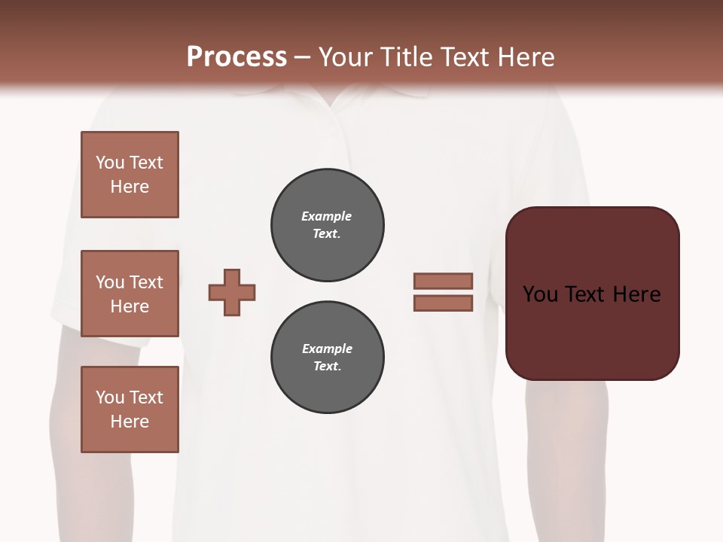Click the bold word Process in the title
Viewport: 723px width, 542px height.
click(x=236, y=57)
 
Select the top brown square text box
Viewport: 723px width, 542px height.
click(x=130, y=175)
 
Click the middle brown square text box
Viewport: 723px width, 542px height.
click(x=130, y=294)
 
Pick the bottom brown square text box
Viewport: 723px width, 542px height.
click(x=130, y=410)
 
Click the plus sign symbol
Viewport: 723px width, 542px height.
click(x=232, y=292)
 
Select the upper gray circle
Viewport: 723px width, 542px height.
click(x=327, y=224)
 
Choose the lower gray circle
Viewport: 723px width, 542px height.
click(x=327, y=357)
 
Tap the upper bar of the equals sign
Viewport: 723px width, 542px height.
click(x=443, y=281)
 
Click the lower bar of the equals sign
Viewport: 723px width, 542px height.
click(x=443, y=303)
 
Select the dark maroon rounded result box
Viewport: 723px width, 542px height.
click(x=592, y=294)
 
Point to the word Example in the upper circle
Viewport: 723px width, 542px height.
click(x=326, y=216)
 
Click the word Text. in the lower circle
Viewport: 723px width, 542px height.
click(x=327, y=367)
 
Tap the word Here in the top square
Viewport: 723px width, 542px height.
click(x=130, y=187)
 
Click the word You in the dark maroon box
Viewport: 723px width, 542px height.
click(x=540, y=294)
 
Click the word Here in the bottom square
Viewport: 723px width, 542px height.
click(x=130, y=422)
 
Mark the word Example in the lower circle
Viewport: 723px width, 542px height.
click(x=327, y=349)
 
